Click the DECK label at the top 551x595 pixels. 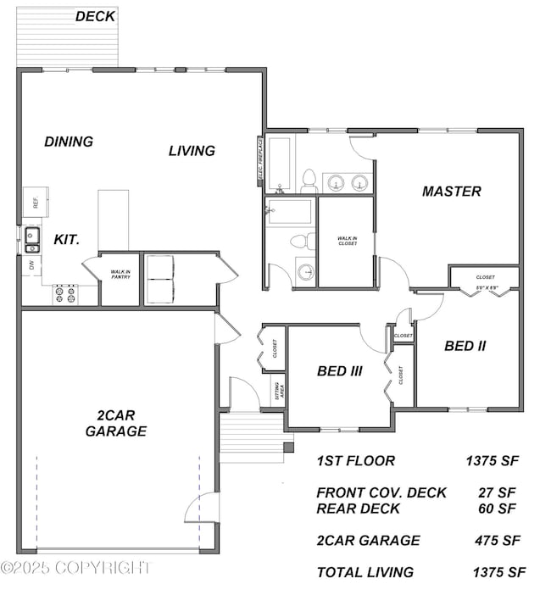coord(96,16)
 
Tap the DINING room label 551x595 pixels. coord(69,142)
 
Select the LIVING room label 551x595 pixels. coord(192,151)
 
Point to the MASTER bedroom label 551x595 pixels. coord(452,192)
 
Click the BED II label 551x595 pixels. coord(465,346)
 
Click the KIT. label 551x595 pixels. coord(67,240)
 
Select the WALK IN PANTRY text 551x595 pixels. coord(120,274)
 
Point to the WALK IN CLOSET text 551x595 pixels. coord(348,241)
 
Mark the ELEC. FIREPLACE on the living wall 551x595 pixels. coord(260,161)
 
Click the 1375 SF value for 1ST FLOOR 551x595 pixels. coord(491,462)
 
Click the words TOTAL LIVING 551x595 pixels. coord(365,572)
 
